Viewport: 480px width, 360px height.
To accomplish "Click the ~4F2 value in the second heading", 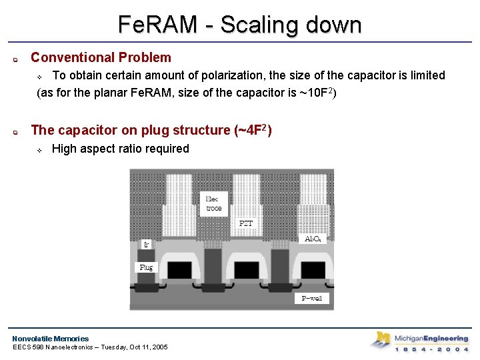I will tap(252, 130).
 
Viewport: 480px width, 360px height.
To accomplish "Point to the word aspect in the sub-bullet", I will tap(103, 149).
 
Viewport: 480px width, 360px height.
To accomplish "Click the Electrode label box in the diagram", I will tap(213, 203).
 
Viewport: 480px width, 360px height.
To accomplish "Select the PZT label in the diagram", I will tap(246, 223).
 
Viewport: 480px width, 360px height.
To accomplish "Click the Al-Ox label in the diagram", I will tap(314, 239).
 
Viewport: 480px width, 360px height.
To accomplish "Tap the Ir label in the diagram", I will tap(146, 245).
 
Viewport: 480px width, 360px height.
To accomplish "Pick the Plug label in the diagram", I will tap(145, 267).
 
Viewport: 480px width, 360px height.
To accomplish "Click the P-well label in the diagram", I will tap(311, 298).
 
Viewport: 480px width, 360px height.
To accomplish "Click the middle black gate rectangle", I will tap(246, 269).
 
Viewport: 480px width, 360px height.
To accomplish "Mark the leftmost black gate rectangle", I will tap(179, 269).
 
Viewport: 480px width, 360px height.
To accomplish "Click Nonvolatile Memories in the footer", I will tap(50, 339).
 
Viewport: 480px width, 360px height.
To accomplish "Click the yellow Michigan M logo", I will tap(380, 340).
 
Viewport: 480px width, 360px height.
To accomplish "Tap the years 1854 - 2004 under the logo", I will tap(431, 349).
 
